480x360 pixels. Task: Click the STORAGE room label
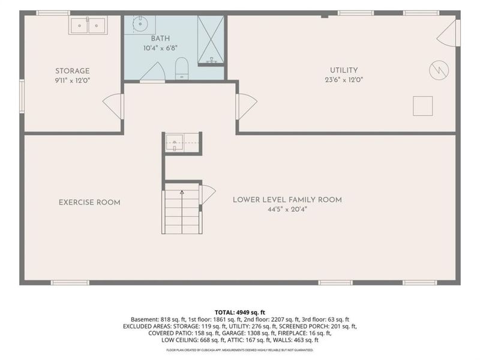pyautogui.click(x=73, y=71)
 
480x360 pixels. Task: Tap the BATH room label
pyautogui.click(x=160, y=38)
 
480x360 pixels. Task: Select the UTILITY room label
pyautogui.click(x=344, y=70)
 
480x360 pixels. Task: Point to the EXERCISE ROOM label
pyautogui.click(x=89, y=202)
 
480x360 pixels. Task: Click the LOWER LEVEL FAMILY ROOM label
pyautogui.click(x=287, y=200)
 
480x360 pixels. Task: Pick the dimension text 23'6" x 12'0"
pyautogui.click(x=344, y=80)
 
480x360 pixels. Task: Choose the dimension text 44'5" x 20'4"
pyautogui.click(x=287, y=209)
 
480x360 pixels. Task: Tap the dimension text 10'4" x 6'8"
pyautogui.click(x=160, y=48)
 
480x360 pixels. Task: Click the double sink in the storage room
pyautogui.click(x=88, y=25)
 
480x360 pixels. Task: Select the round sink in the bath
pyautogui.click(x=140, y=24)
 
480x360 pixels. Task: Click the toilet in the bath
pyautogui.click(x=182, y=68)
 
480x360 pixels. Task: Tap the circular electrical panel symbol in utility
pyautogui.click(x=439, y=70)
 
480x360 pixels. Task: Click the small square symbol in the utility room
pyautogui.click(x=423, y=106)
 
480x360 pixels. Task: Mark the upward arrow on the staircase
pyautogui.click(x=182, y=212)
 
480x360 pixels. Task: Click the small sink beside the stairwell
pyautogui.click(x=175, y=143)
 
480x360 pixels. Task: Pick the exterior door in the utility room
pyautogui.click(x=448, y=33)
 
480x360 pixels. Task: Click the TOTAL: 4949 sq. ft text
pyautogui.click(x=239, y=313)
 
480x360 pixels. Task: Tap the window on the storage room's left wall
pyautogui.click(x=22, y=96)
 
